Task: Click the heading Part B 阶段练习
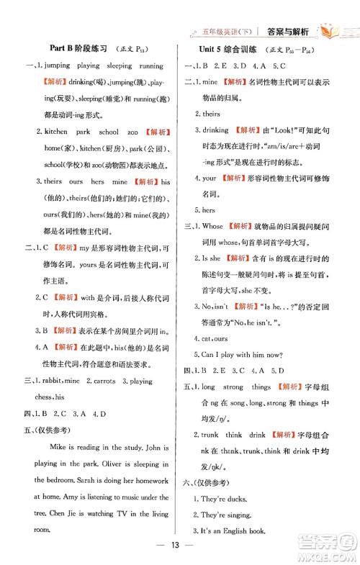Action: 78,48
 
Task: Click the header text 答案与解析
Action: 287,32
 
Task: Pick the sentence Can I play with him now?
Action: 241,354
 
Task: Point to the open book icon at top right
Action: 335,31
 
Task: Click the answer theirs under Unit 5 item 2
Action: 211,114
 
